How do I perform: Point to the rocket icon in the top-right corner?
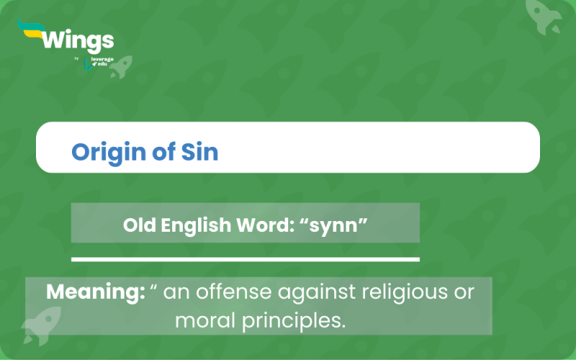coord(544,16)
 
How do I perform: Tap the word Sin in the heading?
coord(200,153)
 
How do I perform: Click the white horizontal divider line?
coord(245,258)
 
